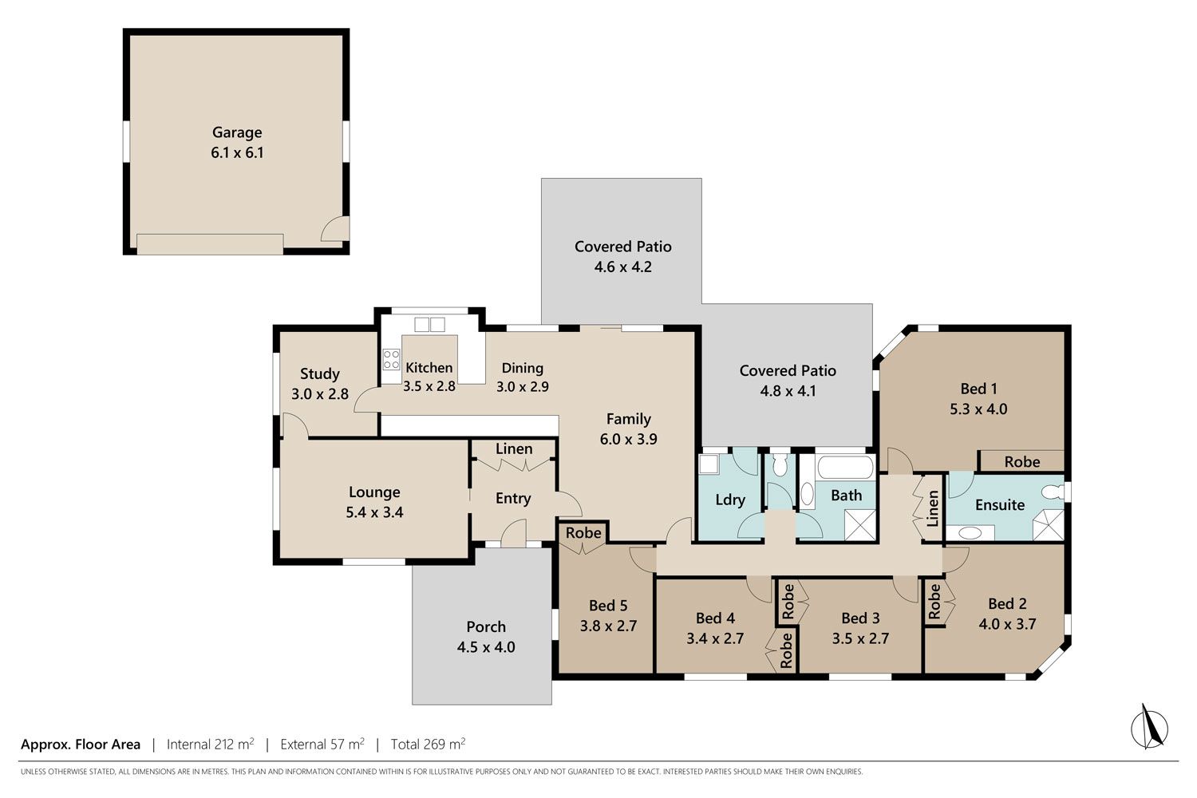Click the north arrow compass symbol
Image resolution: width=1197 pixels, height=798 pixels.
(1149, 728)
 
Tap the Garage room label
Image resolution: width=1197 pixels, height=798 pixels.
(237, 132)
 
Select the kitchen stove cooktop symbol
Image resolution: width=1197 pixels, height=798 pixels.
(391, 359)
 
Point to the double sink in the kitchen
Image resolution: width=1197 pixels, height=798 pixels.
(429, 325)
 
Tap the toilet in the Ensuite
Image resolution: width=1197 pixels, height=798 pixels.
(1053, 492)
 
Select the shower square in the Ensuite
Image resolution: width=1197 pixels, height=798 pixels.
(1048, 525)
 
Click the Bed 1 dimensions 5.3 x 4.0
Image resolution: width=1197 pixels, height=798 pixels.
(978, 409)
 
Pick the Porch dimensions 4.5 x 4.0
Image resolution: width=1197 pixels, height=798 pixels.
(486, 647)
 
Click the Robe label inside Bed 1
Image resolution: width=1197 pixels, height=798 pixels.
(1021, 462)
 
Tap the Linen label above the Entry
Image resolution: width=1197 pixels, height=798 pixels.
(514, 449)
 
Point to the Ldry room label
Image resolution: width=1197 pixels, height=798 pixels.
(730, 500)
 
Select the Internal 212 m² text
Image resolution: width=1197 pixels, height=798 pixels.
(210, 744)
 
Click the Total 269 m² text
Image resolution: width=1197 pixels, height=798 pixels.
(428, 744)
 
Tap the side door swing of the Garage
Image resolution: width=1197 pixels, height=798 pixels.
(334, 229)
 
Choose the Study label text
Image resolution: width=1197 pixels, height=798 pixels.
(319, 373)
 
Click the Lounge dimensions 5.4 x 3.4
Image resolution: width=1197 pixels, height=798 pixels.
(374, 512)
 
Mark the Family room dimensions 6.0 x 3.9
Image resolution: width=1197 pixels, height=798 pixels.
(629, 440)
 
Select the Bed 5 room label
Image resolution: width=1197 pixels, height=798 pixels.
(608, 606)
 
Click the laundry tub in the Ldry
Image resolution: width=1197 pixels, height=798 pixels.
(709, 464)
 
